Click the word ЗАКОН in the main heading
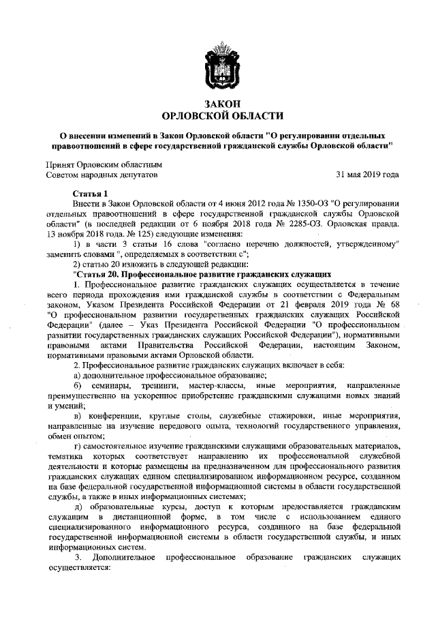[218, 103]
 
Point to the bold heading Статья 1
[90, 193]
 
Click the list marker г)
[87, 446]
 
